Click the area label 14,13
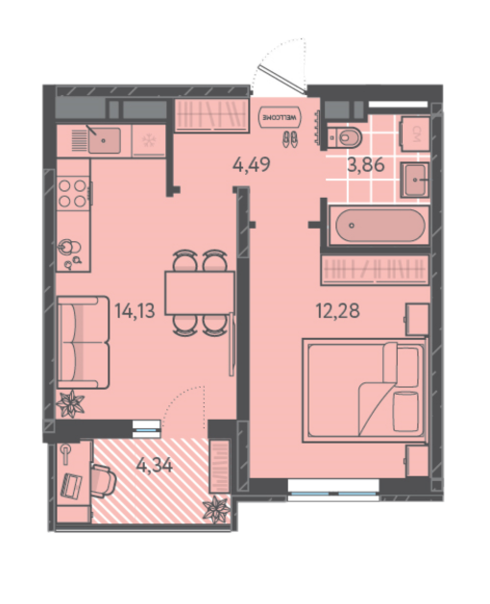135,311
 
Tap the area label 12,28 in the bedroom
338,310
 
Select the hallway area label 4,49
252,165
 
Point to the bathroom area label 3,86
366,165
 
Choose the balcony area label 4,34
155,466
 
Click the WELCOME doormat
281,117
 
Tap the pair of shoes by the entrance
290,138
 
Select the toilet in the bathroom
345,137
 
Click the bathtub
379,226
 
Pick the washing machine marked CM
415,133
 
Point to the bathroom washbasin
415,180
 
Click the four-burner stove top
72,193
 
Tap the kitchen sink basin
104,140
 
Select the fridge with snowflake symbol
149,140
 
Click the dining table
200,293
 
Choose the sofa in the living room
84,342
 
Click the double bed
364,390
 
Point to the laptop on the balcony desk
73,485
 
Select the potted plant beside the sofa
70,404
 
